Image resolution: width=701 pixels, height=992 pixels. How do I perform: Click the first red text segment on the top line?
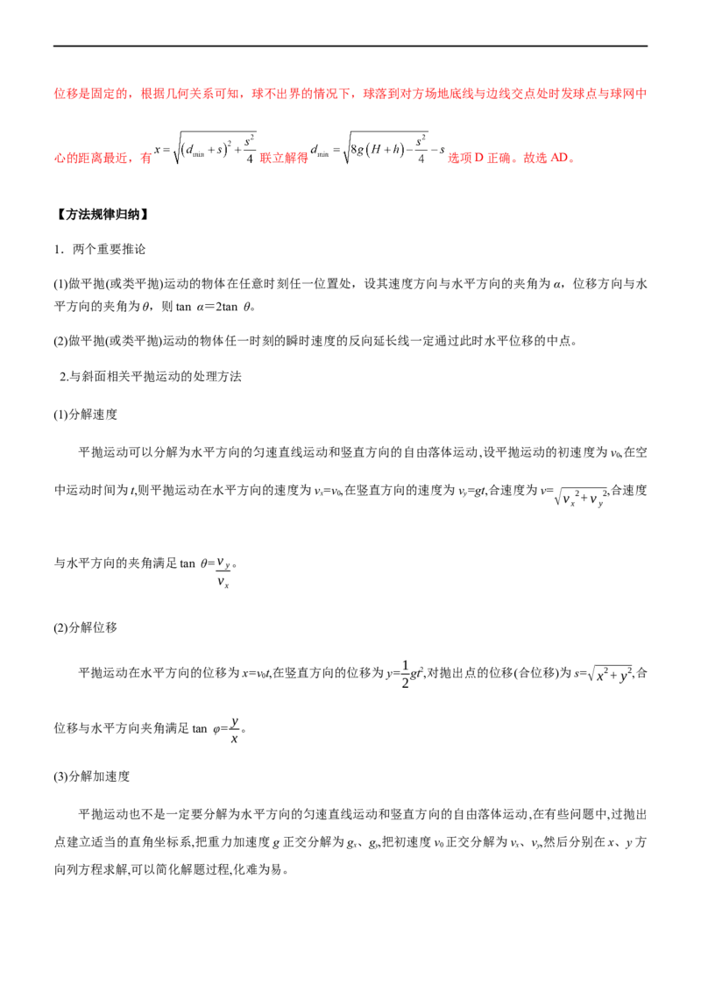(x=91, y=92)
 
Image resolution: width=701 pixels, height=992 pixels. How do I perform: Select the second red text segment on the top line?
(x=193, y=92)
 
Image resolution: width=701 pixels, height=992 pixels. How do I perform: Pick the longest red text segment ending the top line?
(x=506, y=92)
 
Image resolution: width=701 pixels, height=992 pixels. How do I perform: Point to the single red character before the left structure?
(x=146, y=159)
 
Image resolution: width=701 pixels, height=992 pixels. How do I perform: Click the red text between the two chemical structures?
(x=284, y=159)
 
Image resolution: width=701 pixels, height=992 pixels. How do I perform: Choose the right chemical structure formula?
(x=377, y=151)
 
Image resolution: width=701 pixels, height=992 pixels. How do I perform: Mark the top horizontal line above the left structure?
(x=217, y=129)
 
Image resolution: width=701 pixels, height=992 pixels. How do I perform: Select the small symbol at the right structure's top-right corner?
(x=424, y=138)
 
